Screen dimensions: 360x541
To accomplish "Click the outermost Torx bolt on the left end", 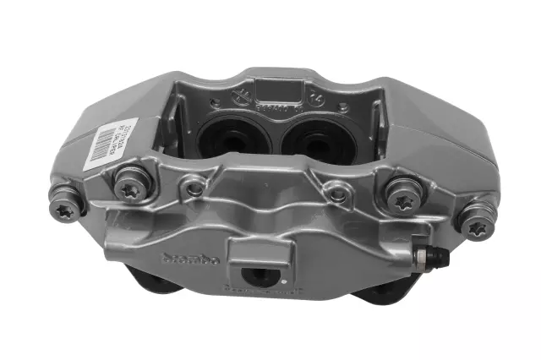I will pos(67,206).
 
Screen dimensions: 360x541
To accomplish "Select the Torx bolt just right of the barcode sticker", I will pos(130,186).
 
